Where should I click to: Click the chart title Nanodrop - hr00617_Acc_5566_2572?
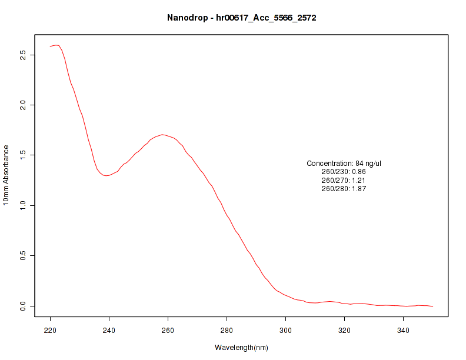(242, 18)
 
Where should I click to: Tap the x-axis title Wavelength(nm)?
(241, 347)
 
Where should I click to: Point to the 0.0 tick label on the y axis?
(22, 306)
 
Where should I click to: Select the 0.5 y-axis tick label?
(22, 256)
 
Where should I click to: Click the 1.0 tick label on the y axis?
(22, 205)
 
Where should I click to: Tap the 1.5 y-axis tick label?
(22, 155)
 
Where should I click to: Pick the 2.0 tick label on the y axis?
(22, 105)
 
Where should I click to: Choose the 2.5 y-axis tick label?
(22, 55)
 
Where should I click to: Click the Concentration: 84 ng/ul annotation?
(344, 163)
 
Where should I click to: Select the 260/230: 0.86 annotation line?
(344, 172)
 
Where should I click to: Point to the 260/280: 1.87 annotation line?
(344, 189)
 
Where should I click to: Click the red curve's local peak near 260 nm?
(162, 135)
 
